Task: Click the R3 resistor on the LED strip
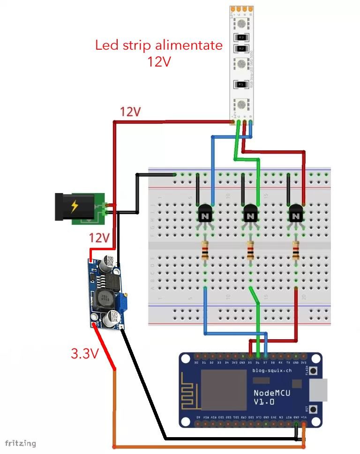(x=242, y=37)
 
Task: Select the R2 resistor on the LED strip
(x=241, y=48)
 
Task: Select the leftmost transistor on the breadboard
(x=205, y=214)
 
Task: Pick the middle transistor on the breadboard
(x=250, y=214)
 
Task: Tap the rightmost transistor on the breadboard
(x=295, y=214)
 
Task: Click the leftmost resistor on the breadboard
(x=205, y=250)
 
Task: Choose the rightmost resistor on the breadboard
(x=295, y=250)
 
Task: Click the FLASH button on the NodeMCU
(x=313, y=371)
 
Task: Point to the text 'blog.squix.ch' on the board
(x=272, y=371)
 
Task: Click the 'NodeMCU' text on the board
(x=271, y=393)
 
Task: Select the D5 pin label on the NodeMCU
(x=250, y=362)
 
